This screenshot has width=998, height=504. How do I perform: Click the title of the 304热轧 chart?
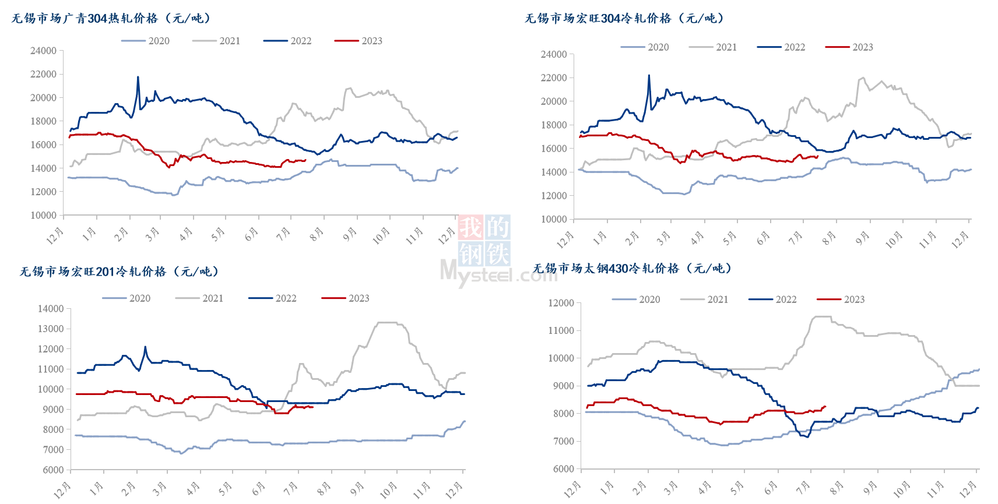click(111, 19)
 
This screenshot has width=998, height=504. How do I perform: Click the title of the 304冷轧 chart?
click(624, 19)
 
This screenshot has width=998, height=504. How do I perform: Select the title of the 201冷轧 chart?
click(120, 272)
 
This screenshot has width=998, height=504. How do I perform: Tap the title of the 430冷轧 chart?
click(632, 269)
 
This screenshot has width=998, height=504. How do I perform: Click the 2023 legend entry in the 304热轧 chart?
click(359, 41)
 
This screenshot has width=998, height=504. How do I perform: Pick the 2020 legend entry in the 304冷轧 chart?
click(645, 47)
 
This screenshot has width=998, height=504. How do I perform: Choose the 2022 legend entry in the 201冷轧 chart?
click(273, 298)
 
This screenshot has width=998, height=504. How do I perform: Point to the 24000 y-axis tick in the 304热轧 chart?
click(44, 51)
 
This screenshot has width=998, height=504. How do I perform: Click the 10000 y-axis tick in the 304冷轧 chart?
click(554, 219)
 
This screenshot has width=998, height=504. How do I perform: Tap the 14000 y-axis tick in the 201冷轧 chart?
click(51, 309)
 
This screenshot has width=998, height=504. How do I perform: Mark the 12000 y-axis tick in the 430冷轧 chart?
click(561, 303)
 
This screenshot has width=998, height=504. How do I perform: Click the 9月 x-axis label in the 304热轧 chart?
click(350, 234)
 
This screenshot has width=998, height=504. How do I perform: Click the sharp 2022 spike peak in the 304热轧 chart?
click(138, 77)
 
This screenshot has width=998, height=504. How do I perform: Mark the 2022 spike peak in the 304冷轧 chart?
click(649, 75)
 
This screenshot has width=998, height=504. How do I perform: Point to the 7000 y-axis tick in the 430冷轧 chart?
click(563, 441)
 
